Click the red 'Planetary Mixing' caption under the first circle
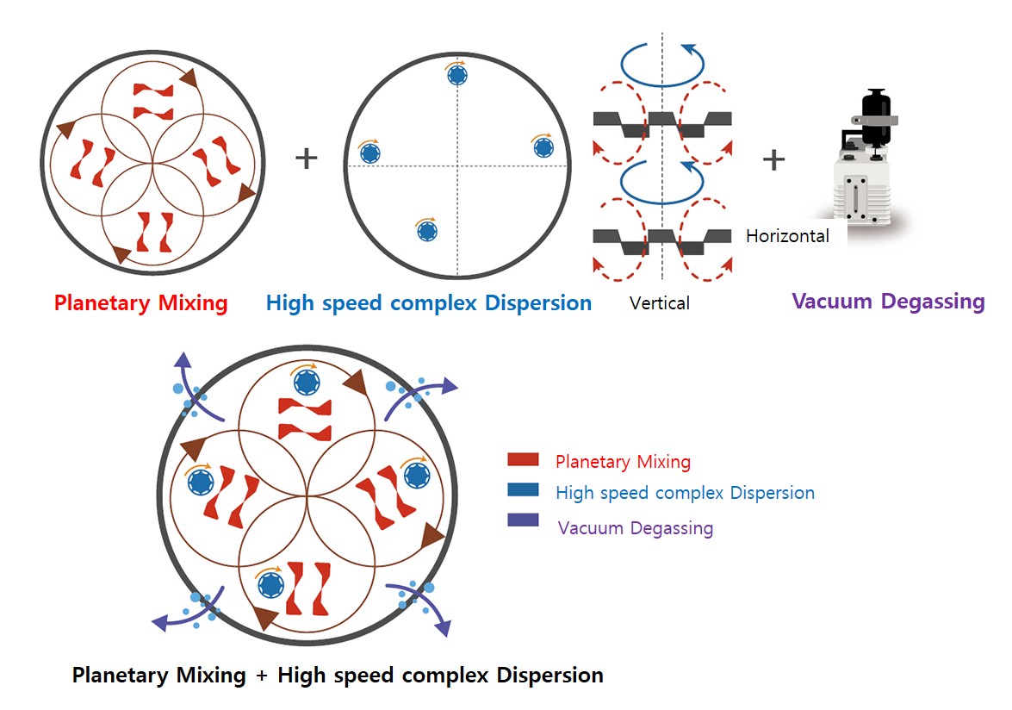(140, 303)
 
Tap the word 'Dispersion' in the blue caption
(538, 303)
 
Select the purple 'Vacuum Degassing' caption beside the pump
(888, 302)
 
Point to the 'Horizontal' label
(787, 236)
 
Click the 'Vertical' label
(660, 303)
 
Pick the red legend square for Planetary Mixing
(523, 460)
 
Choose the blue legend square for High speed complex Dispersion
(523, 490)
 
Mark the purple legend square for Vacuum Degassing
(523, 520)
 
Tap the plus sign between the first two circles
(307, 159)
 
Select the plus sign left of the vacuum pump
(773, 159)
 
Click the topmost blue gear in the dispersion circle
(457, 76)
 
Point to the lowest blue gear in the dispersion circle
(426, 232)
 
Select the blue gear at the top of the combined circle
(306, 382)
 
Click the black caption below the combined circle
(338, 675)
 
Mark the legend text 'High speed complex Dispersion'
(685, 493)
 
